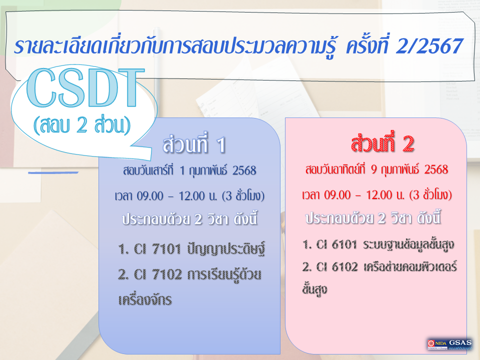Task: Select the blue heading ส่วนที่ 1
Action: click(194, 145)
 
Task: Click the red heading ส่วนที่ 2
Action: click(383, 144)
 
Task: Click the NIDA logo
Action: click(436, 344)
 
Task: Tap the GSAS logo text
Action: click(460, 342)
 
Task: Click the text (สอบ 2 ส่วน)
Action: click(81, 125)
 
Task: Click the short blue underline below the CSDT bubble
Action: click(53, 172)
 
